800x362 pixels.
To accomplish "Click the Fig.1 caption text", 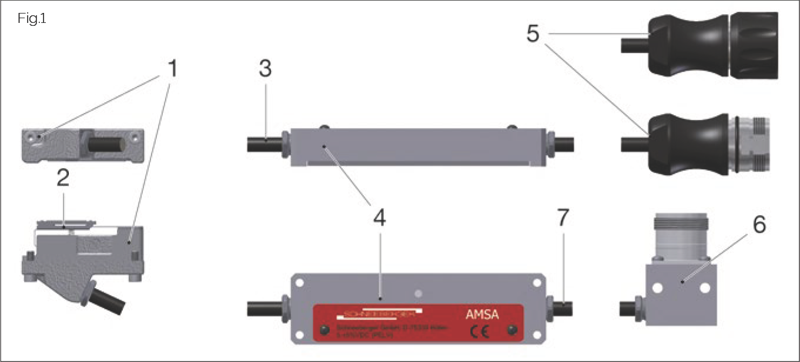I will [32, 19].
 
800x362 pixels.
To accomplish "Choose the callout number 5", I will [533, 33].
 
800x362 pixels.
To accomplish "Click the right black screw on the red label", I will [514, 329].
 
